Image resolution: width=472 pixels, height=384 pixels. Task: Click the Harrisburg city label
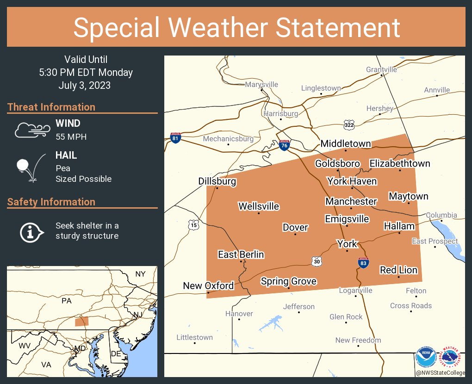tap(281, 113)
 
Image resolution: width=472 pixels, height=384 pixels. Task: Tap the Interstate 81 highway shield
tap(175, 137)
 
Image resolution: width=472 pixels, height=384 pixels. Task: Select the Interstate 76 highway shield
tap(285, 145)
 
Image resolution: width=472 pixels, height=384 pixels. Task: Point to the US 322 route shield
tap(349, 124)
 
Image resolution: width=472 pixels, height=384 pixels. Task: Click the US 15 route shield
tap(194, 225)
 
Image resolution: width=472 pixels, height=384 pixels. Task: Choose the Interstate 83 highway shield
tap(363, 263)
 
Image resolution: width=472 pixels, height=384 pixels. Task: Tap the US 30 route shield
tap(317, 261)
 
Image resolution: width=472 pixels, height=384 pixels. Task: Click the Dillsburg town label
tap(217, 181)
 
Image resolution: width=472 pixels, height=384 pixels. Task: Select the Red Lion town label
tap(398, 270)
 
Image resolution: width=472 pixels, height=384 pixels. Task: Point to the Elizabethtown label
tap(399, 163)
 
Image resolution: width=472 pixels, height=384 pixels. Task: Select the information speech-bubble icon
tap(31, 231)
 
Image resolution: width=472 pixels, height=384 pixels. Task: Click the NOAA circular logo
tap(425, 358)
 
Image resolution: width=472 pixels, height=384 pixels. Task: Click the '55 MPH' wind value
tap(71, 137)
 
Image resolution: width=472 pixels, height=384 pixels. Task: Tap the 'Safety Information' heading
tap(51, 202)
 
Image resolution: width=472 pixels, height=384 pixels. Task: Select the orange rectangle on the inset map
tap(82, 322)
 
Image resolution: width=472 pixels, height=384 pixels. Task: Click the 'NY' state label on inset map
tap(140, 274)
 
